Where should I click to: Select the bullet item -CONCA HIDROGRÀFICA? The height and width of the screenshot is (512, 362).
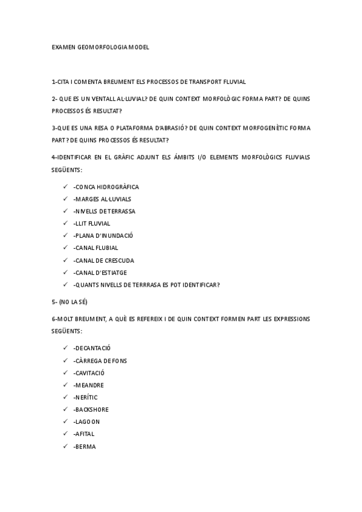click(106, 187)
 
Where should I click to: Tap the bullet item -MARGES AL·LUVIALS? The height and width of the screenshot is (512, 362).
click(102, 199)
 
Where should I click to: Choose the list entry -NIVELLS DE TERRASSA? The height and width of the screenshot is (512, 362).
click(104, 211)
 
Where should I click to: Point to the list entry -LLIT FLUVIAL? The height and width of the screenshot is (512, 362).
click(91, 223)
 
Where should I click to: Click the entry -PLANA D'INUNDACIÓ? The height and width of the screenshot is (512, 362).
click(103, 235)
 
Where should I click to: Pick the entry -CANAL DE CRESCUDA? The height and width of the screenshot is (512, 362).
click(103, 260)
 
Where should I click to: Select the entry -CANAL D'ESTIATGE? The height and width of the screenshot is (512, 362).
click(100, 272)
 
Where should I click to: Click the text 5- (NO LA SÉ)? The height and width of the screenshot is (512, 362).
click(69, 301)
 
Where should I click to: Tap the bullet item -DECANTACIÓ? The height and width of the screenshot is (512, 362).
click(92, 348)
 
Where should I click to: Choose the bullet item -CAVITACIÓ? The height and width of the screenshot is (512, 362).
click(89, 373)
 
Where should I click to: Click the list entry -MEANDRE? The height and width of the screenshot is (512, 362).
click(88, 385)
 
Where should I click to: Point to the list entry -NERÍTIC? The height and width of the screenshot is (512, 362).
click(85, 397)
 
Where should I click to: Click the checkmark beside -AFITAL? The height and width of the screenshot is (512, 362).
click(65, 434)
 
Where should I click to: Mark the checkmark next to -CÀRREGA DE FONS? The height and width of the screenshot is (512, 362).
click(65, 360)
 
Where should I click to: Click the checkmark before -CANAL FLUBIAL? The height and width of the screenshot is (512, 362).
click(65, 248)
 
